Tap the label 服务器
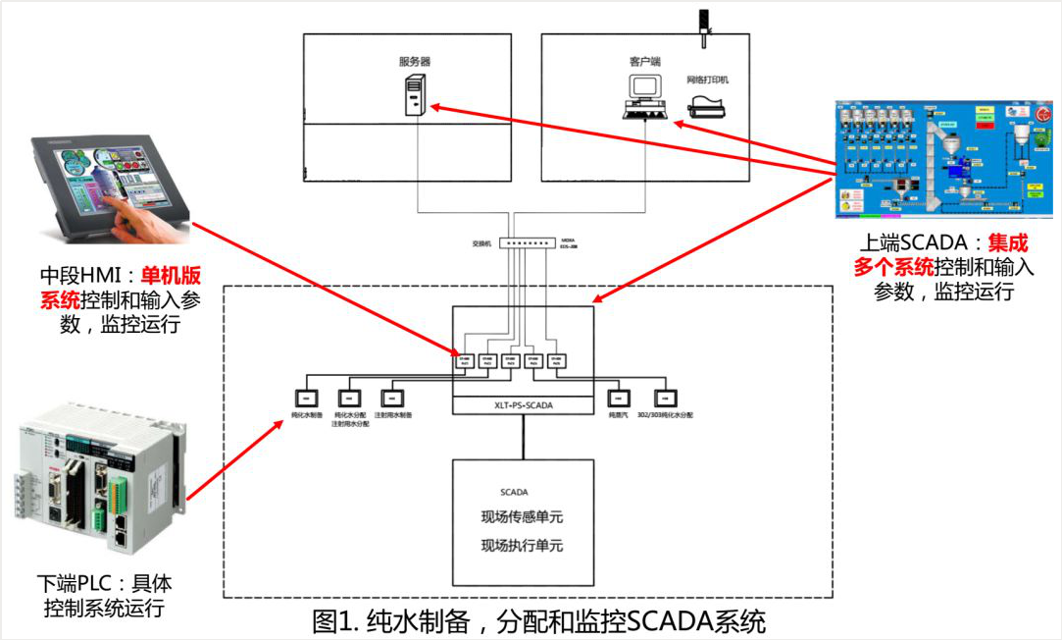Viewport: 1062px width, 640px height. click(414, 61)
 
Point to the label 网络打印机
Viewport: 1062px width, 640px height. click(707, 79)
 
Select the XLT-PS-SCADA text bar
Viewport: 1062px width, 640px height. click(523, 404)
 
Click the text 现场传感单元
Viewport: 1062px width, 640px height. click(522, 517)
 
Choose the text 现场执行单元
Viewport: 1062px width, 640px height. click(522, 546)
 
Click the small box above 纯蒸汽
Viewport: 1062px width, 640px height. click(619, 398)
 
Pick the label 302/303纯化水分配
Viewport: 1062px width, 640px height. click(664, 415)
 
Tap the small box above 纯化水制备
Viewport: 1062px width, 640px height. click(306, 398)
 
